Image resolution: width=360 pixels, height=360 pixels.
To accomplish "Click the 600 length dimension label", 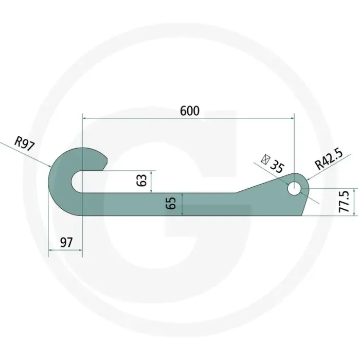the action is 190,111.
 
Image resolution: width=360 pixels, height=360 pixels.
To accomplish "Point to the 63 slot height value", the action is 141,180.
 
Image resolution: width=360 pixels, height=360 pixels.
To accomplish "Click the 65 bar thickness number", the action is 171,203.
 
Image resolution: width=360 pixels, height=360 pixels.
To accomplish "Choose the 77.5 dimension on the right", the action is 344,202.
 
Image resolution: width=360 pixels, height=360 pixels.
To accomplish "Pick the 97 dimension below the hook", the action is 66,242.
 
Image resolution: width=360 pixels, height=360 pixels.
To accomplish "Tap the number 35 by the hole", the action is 277,166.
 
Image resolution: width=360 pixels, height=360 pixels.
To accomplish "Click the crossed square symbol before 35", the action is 265,159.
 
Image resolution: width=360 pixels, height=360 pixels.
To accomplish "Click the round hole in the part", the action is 294,189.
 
